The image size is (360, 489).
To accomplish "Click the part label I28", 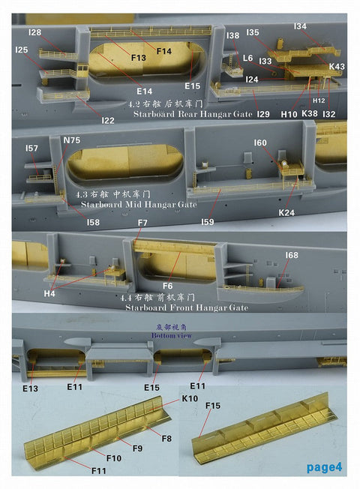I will point(34,32).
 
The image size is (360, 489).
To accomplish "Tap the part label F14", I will point(163,50).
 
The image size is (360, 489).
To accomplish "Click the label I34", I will point(300,26).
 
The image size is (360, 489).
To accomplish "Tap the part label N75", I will point(72,139).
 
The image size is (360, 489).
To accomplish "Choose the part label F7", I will point(142,224).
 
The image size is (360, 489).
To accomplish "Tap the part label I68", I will point(291,256).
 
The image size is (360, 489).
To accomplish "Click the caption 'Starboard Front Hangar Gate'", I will point(178,307).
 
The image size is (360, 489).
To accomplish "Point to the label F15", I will point(212,406).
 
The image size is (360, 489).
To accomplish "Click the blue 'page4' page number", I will point(324,467).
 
